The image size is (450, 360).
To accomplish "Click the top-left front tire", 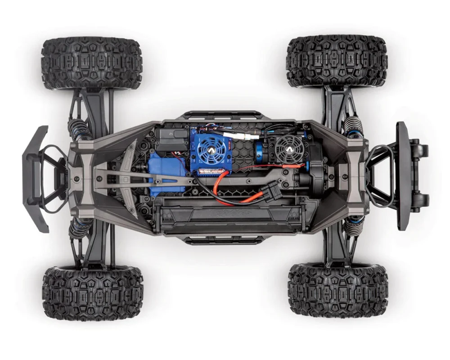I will click(92, 63).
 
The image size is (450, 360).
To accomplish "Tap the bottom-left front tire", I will click(93, 293).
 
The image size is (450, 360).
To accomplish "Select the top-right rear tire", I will click(336, 61).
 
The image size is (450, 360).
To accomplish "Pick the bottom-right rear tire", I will click(338, 290).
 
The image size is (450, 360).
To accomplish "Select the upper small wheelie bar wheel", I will click(422, 149).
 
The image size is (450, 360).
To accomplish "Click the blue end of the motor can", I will click(264, 148).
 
